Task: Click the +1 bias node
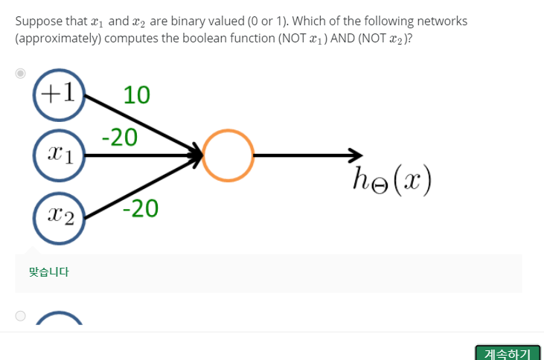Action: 60,94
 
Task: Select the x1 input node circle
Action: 60,155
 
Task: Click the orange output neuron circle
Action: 228,155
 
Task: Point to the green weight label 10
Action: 137,95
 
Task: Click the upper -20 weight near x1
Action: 119,137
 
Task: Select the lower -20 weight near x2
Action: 141,210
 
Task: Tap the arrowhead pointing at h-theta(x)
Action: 355,155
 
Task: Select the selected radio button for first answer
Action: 21,73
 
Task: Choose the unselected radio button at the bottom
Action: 21,315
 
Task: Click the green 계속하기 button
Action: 507,353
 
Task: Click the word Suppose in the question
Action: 36,21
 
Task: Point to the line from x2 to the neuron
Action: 141,187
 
